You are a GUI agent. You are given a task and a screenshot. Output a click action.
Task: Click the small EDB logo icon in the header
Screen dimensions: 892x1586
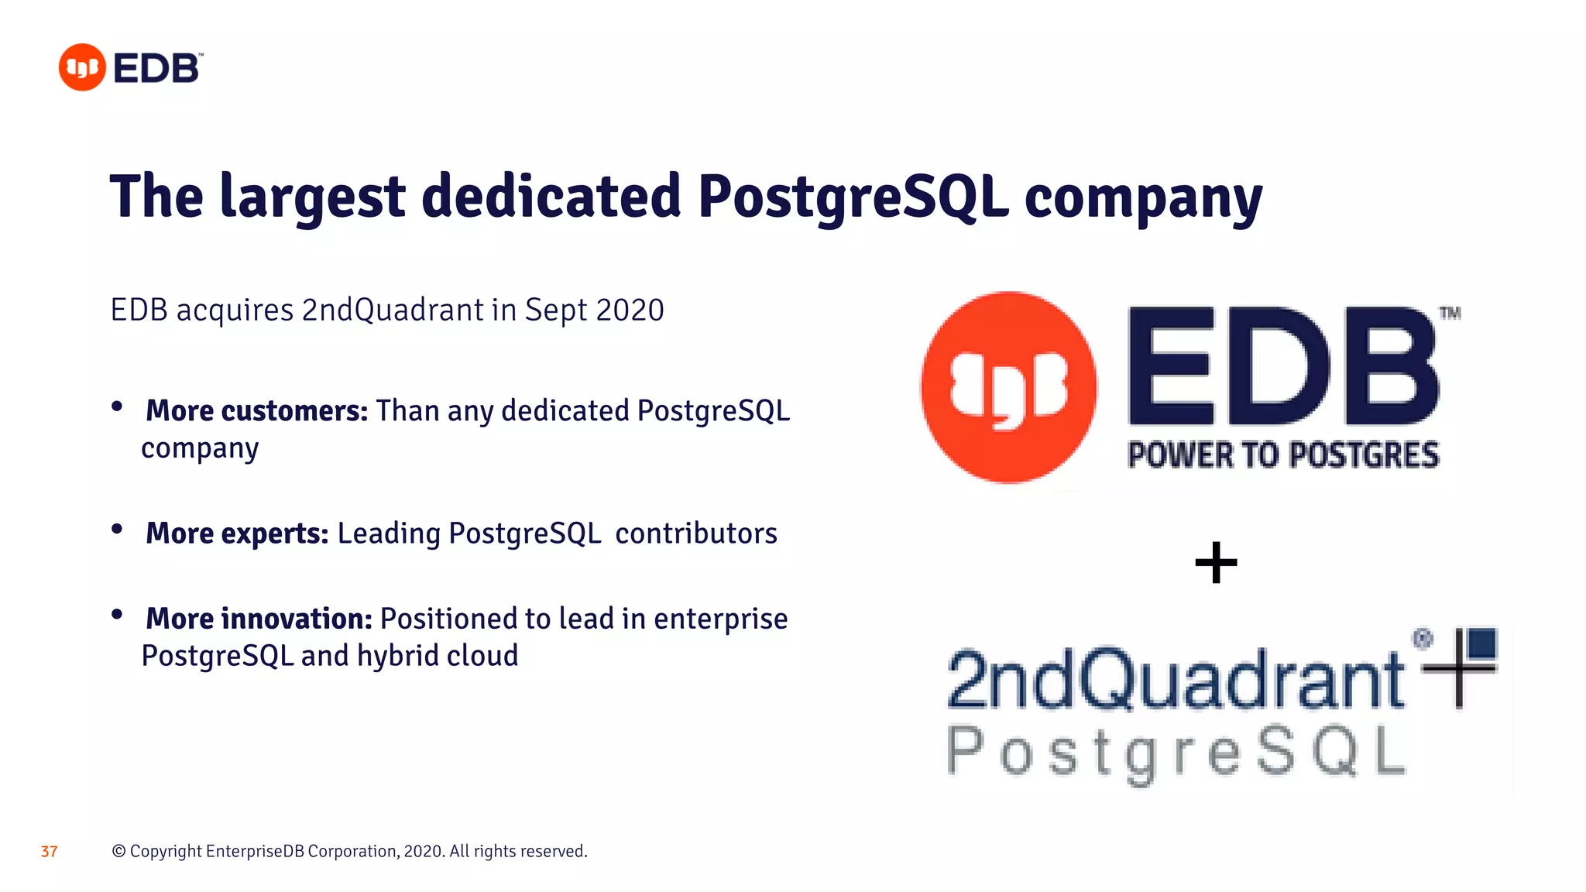pyautogui.click(x=82, y=67)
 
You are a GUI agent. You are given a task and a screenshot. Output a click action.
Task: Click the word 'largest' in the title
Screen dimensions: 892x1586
pyautogui.click(x=312, y=197)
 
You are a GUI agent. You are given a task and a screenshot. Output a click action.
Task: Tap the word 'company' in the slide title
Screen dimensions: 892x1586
pyautogui.click(x=1143, y=198)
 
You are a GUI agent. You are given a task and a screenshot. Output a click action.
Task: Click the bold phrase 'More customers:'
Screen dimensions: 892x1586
pyautogui.click(x=256, y=410)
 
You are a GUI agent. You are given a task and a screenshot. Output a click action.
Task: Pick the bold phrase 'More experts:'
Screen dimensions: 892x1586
pyautogui.click(x=237, y=533)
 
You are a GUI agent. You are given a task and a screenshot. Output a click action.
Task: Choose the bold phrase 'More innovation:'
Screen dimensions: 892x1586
pyautogui.click(x=259, y=619)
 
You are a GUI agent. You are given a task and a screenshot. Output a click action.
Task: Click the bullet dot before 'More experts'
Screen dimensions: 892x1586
pyautogui.click(x=117, y=530)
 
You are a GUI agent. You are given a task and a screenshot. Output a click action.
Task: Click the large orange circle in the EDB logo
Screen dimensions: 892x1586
pyautogui.click(x=1008, y=387)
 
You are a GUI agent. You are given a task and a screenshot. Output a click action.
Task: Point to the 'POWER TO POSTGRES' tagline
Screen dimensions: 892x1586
pyautogui.click(x=1283, y=455)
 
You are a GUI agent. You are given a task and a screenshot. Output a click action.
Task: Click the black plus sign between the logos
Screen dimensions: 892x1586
pyautogui.click(x=1216, y=562)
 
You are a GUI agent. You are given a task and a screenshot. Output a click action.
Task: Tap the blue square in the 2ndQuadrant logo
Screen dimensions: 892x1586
pyautogui.click(x=1482, y=643)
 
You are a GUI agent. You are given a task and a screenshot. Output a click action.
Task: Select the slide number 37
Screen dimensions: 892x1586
pyautogui.click(x=49, y=852)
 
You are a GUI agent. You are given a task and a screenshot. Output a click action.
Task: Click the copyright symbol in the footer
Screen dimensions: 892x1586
pyautogui.click(x=118, y=851)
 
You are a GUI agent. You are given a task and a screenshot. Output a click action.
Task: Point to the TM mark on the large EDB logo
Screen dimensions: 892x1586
pyautogui.click(x=1450, y=314)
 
